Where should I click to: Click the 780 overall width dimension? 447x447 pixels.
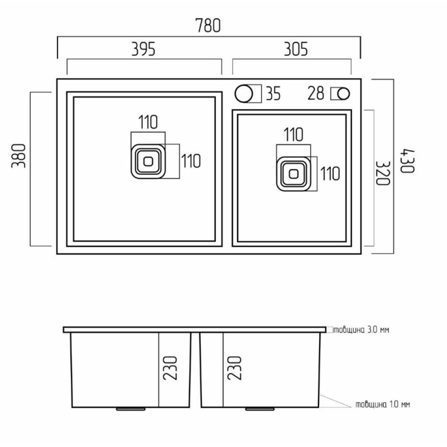(208, 25)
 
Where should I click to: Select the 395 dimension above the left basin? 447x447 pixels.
(143, 49)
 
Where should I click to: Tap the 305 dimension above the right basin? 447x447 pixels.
(296, 49)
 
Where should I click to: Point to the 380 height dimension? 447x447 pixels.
(19, 156)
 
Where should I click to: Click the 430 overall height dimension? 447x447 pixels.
(407, 160)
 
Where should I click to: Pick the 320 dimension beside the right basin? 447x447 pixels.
(382, 173)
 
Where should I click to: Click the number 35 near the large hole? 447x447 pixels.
(273, 94)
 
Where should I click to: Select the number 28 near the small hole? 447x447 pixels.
(316, 93)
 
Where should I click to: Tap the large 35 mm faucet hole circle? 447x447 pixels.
(244, 93)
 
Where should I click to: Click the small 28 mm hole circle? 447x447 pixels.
(343, 94)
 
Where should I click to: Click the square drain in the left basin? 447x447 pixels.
(148, 161)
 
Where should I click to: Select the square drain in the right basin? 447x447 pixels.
(294, 174)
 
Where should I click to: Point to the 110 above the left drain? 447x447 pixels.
(148, 122)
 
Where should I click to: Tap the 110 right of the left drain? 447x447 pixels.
(191, 161)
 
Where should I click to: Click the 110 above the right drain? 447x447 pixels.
(293, 135)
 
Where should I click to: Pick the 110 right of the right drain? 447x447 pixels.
(330, 173)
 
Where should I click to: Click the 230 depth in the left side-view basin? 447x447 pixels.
(170, 368)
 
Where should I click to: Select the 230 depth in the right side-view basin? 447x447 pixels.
(234, 368)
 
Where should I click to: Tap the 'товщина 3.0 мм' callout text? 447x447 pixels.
(361, 330)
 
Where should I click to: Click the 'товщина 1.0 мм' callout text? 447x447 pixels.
(383, 404)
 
